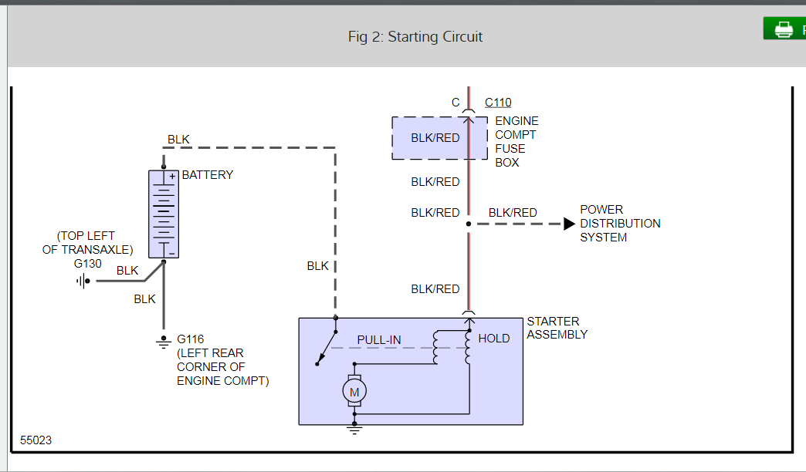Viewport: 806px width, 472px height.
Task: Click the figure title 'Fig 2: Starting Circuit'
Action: click(x=415, y=37)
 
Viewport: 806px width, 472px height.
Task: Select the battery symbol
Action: click(x=164, y=214)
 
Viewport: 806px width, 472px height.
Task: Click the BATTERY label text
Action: click(x=207, y=175)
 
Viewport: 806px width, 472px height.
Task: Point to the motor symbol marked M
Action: click(x=354, y=392)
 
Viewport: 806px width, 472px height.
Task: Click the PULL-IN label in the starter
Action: click(x=379, y=340)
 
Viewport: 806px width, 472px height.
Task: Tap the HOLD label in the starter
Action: click(x=494, y=339)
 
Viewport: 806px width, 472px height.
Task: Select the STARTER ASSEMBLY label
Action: click(x=557, y=328)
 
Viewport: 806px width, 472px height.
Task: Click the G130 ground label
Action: click(x=88, y=263)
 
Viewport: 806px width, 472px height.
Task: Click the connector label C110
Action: click(x=498, y=103)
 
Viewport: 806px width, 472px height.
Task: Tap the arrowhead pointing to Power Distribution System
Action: click(x=569, y=224)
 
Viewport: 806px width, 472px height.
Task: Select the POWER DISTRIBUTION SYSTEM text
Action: click(x=620, y=224)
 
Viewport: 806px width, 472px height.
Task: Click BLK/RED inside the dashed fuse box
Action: click(x=435, y=138)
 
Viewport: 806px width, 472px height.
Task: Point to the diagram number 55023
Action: click(x=36, y=440)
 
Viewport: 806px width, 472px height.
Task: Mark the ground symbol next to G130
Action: click(x=81, y=281)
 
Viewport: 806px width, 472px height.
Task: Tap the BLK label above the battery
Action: click(x=178, y=140)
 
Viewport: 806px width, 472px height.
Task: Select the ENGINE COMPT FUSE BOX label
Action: click(x=516, y=142)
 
